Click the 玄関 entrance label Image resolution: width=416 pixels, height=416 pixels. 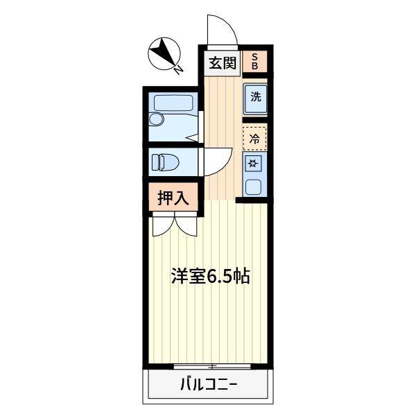[x=222, y=64]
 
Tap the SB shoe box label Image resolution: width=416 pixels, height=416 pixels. [x=255, y=62]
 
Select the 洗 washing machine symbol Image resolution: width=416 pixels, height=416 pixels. [x=255, y=97]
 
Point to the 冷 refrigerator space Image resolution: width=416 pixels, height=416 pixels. [x=254, y=138]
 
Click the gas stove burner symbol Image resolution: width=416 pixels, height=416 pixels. [x=254, y=164]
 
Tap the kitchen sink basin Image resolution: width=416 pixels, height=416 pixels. [x=254, y=186]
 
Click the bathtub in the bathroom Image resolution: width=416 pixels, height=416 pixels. [x=173, y=103]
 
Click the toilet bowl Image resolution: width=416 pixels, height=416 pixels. [x=171, y=162]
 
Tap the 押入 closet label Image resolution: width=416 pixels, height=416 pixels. [x=173, y=198]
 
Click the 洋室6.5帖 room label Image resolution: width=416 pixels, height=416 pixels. [x=211, y=277]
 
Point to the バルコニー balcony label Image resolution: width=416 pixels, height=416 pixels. [x=209, y=383]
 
